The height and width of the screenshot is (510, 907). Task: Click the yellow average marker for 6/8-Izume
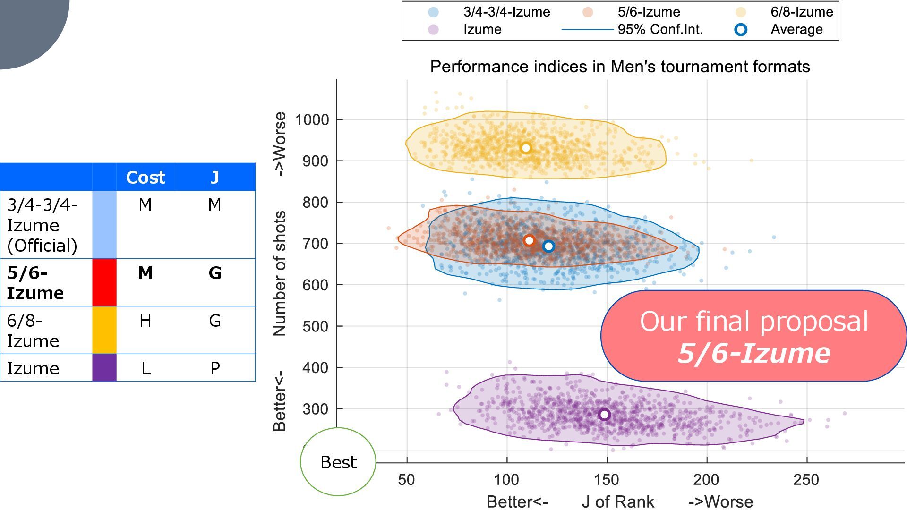tap(526, 148)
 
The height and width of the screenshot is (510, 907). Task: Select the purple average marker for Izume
tap(604, 415)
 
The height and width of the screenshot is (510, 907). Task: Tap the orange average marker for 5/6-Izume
tap(529, 241)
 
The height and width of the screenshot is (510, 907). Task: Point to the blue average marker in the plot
tap(548, 246)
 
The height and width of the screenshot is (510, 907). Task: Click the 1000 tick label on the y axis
tap(312, 120)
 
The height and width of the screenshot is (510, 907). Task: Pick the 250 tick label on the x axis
tap(806, 480)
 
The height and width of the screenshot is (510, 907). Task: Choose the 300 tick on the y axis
tap(316, 409)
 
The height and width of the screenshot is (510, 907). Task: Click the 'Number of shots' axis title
tap(280, 273)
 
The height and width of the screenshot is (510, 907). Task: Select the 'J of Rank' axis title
tap(618, 501)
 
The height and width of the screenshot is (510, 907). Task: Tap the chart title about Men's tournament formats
tap(620, 67)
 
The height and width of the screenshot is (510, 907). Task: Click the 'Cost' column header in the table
tap(145, 178)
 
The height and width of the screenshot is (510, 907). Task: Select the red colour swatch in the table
tap(104, 282)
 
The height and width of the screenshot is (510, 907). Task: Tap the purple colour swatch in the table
tap(104, 368)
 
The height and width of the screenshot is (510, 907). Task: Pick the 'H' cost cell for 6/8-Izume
tap(145, 321)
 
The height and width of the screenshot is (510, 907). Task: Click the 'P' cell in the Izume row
tap(215, 368)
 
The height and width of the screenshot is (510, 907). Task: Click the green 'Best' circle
tap(338, 462)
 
